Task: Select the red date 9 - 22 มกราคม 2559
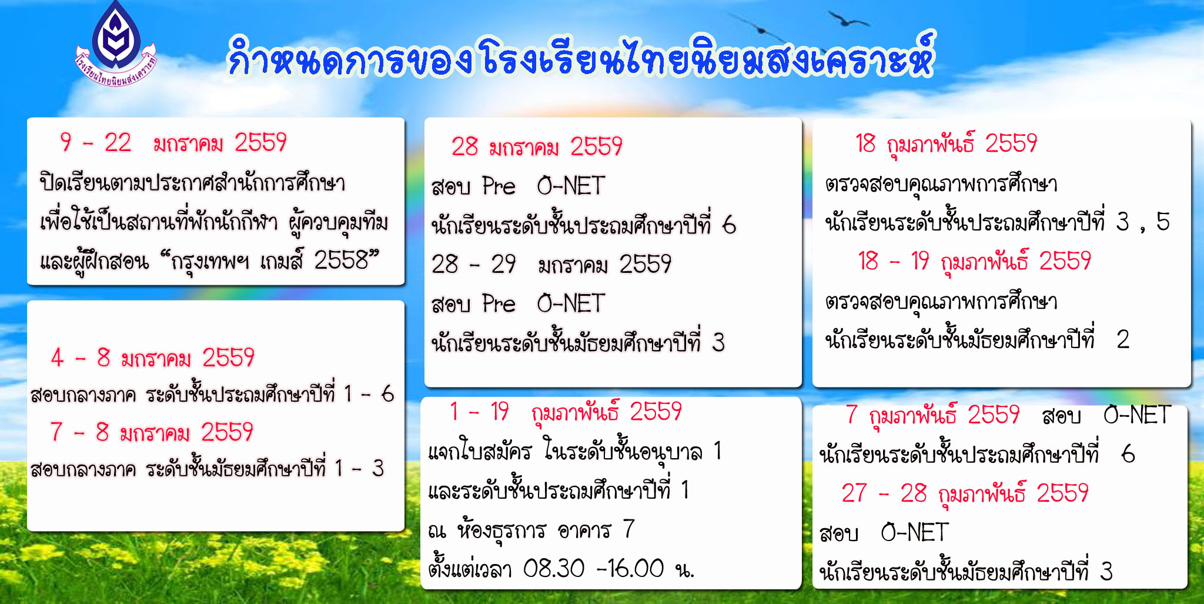click(x=173, y=142)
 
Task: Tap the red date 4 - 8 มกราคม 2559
click(x=153, y=358)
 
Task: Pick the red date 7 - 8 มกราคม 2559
click(x=152, y=432)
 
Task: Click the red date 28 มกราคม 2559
click(x=537, y=146)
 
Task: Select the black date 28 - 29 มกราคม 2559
click(x=551, y=264)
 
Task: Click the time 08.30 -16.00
click(x=593, y=568)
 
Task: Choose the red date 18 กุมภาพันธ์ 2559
click(x=946, y=144)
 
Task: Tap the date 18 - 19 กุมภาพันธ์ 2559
click(x=974, y=261)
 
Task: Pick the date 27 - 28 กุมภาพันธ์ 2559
click(x=965, y=493)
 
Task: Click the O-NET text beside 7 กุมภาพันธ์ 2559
click(x=1137, y=415)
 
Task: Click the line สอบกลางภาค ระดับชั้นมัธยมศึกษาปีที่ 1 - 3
click(x=207, y=469)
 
